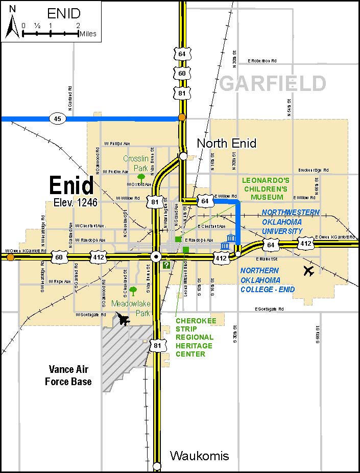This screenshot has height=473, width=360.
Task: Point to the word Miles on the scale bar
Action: tap(87, 34)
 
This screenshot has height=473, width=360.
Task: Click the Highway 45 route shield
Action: tap(57, 119)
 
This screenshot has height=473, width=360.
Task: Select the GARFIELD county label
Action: tap(273, 83)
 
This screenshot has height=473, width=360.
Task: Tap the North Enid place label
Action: tap(226, 143)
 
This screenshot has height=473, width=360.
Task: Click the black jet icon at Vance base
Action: tap(123, 320)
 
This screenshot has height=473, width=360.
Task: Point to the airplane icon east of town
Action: tap(308, 270)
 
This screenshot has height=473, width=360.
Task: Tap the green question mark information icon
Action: tap(166, 265)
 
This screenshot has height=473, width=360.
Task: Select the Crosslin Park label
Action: tap(135, 163)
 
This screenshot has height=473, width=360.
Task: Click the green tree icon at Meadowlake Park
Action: tap(133, 291)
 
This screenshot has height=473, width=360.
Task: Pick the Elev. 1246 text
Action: tap(75, 203)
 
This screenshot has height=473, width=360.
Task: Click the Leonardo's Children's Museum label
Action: tap(266, 188)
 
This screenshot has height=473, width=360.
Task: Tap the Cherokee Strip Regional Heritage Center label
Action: tap(195, 337)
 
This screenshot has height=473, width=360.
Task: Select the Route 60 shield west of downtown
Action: tap(59, 257)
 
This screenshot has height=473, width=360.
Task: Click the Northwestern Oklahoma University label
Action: tap(291, 222)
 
